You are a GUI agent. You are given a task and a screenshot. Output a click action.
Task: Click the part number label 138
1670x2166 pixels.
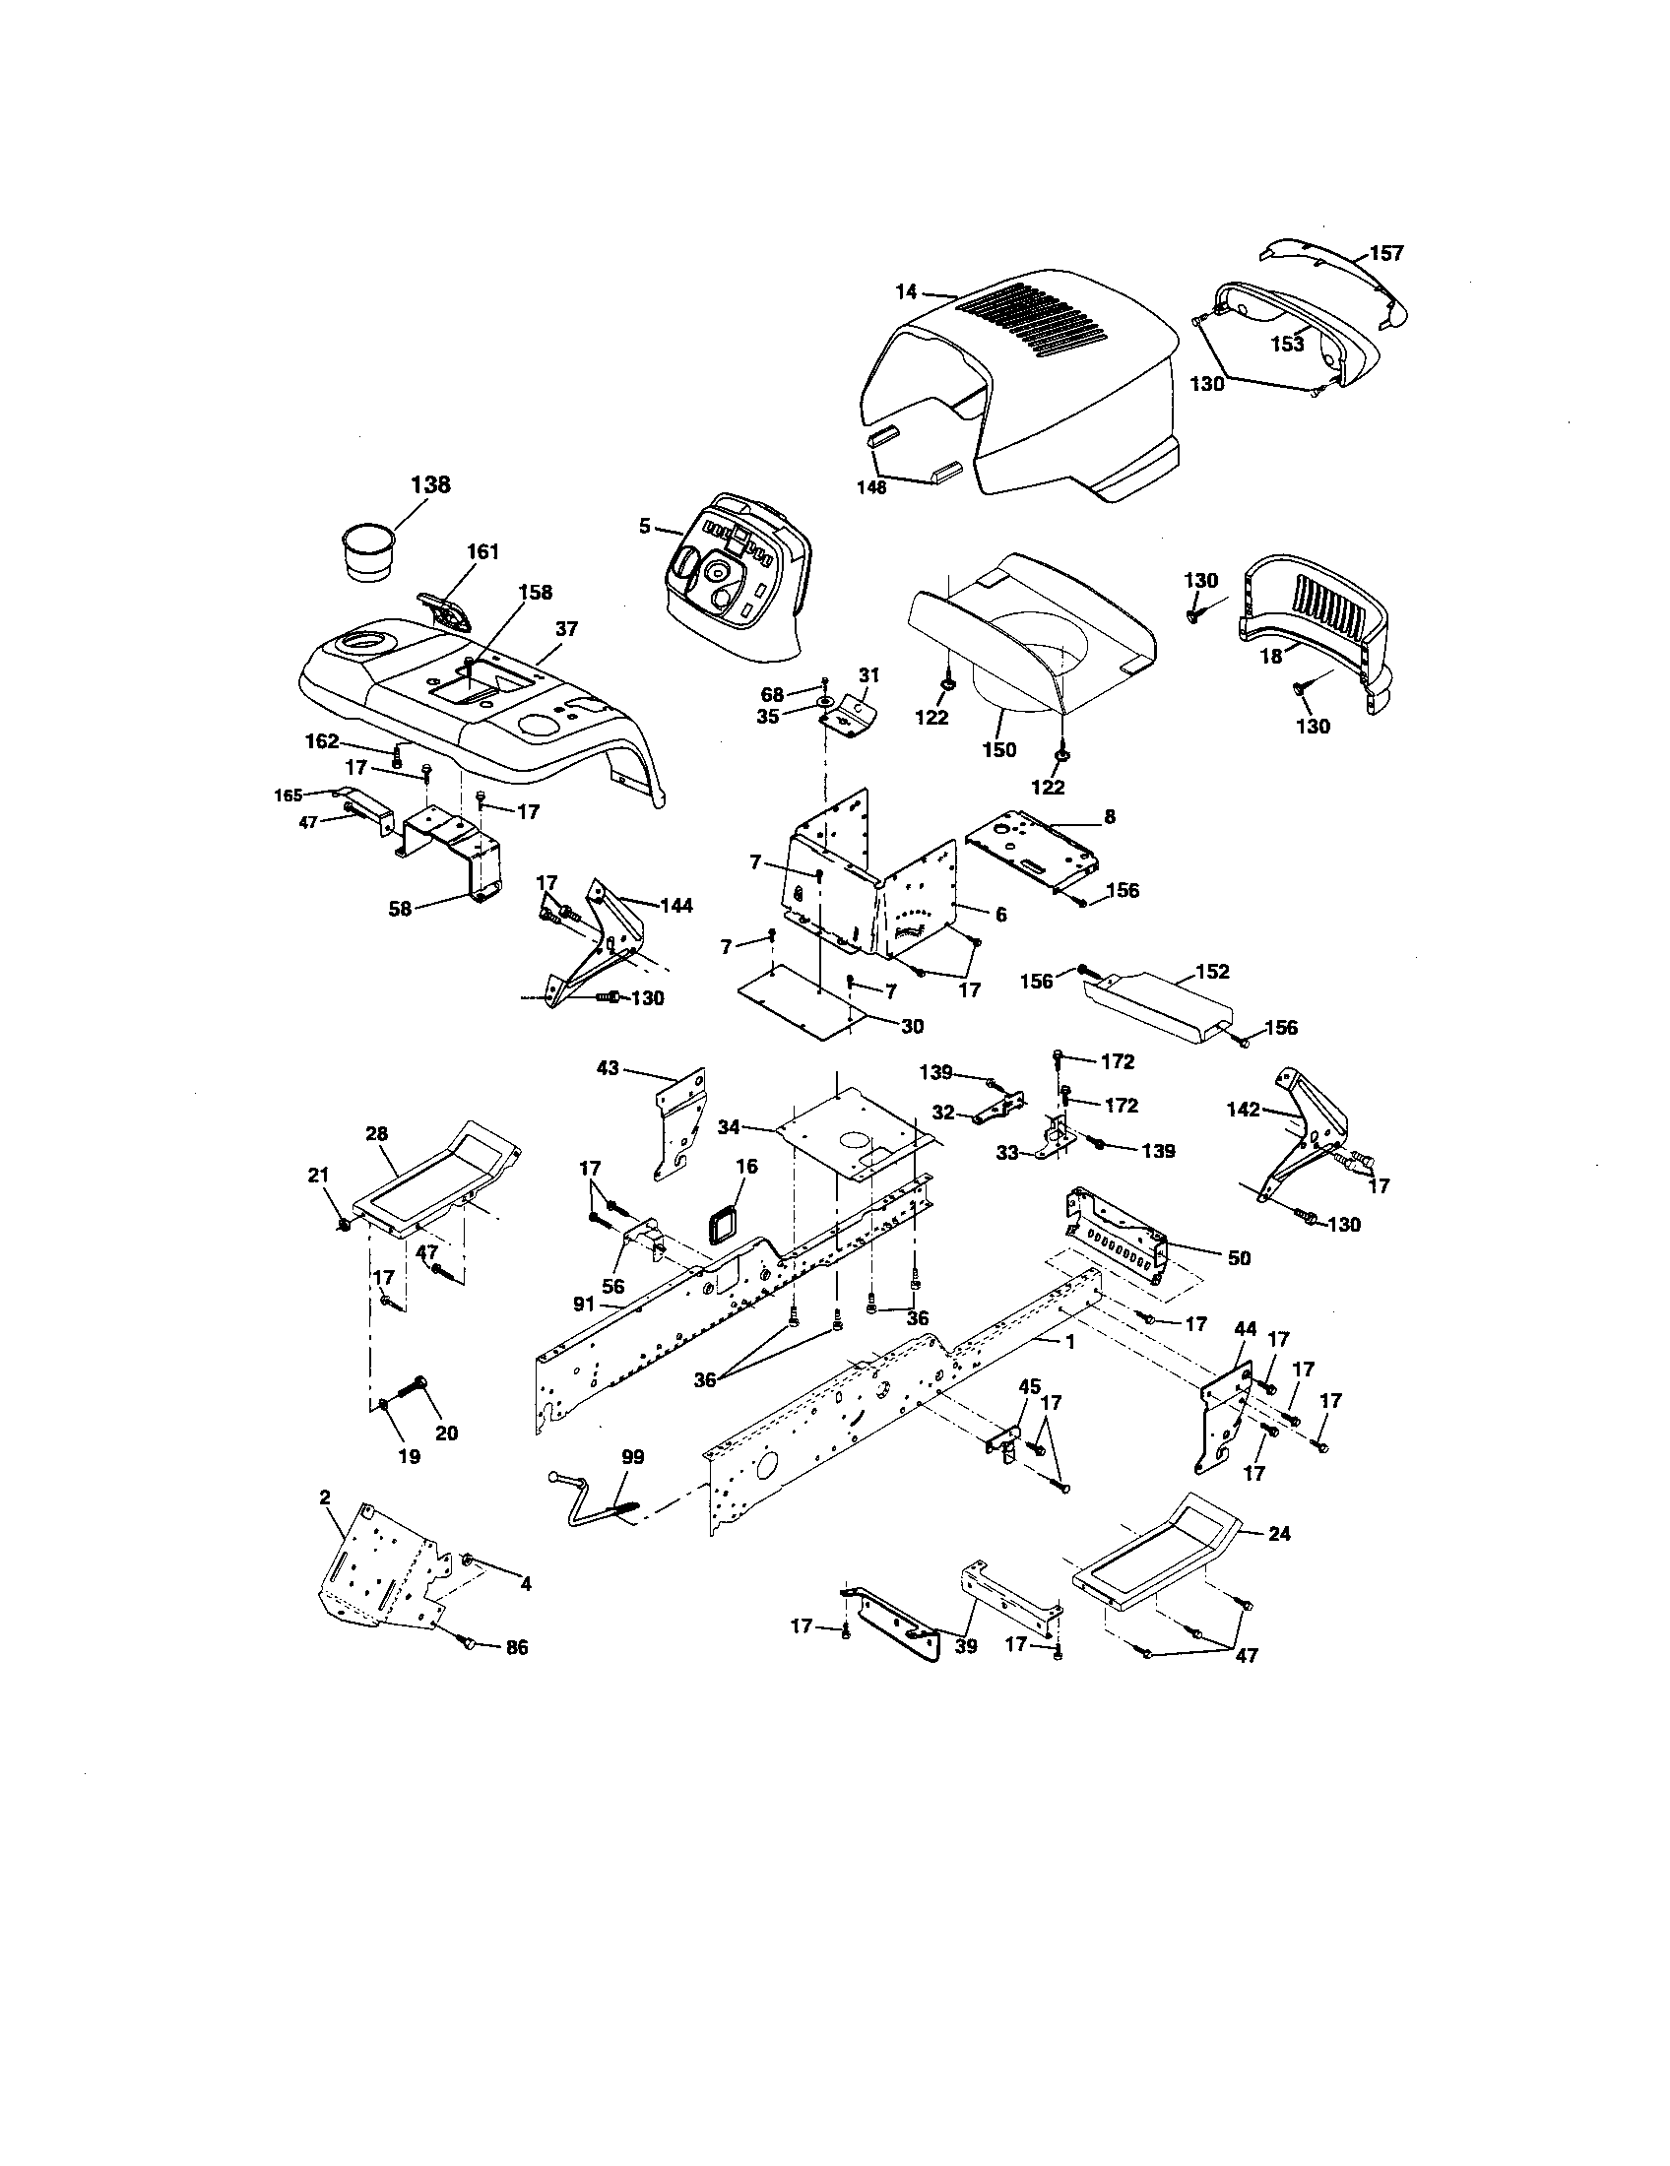[x=430, y=484]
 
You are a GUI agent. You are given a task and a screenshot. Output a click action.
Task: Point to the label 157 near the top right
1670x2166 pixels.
[x=1386, y=253]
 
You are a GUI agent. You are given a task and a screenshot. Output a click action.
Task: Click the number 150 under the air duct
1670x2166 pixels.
[x=998, y=750]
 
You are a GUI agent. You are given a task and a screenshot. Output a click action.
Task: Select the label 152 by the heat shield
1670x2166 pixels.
[x=1212, y=971]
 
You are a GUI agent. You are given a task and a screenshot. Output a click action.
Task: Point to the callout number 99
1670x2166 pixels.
[x=632, y=1457]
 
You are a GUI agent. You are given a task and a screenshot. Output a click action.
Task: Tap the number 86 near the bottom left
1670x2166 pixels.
[x=516, y=1647]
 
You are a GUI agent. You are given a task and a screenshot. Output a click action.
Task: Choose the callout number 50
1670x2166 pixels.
[x=1239, y=1258]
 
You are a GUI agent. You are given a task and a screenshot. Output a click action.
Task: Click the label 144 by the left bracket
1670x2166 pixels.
[x=675, y=905]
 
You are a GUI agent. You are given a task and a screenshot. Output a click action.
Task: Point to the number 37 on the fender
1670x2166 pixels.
[x=566, y=628]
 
